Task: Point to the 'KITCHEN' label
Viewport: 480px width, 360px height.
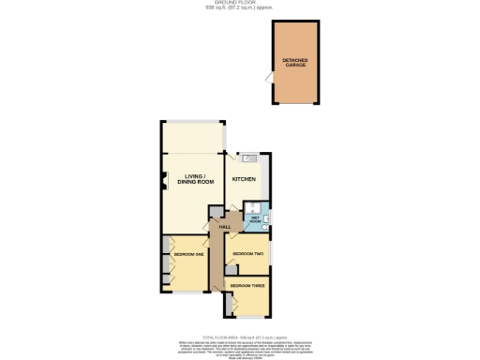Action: (x=244, y=179)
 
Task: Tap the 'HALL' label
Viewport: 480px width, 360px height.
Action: (x=225, y=228)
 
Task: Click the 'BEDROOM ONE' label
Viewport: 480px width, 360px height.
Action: (x=190, y=255)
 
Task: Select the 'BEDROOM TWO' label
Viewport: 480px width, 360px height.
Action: (x=247, y=254)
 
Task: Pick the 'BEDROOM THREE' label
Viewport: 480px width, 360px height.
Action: (x=247, y=285)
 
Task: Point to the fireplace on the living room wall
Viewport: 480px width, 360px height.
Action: (x=161, y=180)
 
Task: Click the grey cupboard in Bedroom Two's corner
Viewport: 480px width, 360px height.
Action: (x=231, y=270)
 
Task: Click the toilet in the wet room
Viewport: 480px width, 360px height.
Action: (x=265, y=225)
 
